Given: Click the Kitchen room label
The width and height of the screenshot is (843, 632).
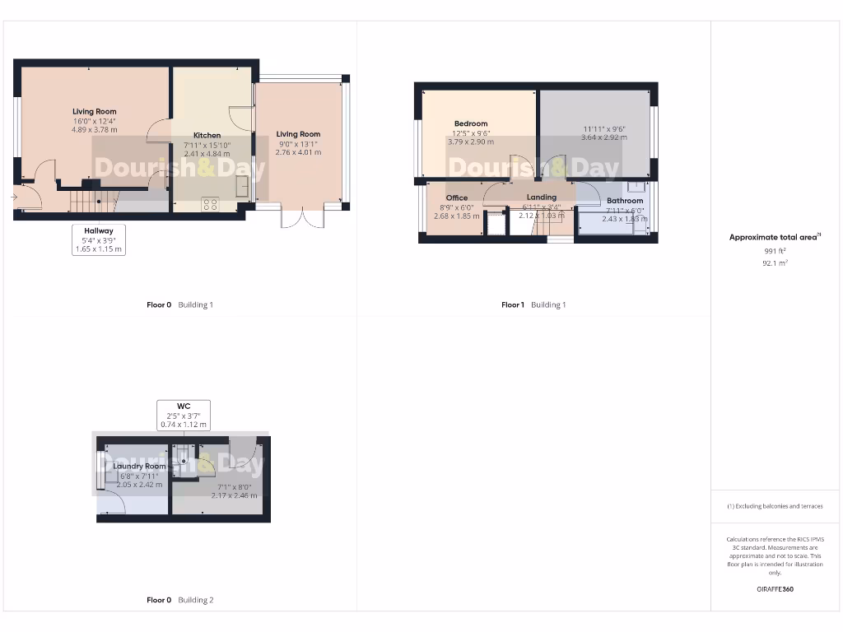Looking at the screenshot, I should click(207, 135).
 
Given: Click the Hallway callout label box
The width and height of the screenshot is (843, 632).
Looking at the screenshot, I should click(99, 239).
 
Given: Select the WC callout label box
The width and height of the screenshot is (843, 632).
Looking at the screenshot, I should click(184, 415).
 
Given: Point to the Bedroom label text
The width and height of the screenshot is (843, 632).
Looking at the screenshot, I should click(471, 123).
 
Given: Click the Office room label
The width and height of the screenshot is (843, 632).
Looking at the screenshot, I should click(457, 197).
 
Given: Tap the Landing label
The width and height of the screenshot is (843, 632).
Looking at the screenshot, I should click(542, 197).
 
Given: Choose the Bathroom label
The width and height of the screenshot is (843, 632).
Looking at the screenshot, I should click(625, 201).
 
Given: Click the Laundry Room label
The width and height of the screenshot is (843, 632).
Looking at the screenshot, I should click(140, 466).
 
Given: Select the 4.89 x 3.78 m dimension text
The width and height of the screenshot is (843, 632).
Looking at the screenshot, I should click(95, 129).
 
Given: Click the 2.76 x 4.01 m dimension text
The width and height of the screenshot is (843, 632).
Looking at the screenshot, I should click(298, 152).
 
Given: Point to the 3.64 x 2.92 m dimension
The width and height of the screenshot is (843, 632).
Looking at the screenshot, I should click(604, 137).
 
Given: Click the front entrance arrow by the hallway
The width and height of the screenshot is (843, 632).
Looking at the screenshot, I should click(15, 197).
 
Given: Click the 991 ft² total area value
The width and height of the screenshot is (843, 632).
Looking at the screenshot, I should click(775, 251).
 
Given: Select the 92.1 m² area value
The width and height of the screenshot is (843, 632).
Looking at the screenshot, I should click(775, 263).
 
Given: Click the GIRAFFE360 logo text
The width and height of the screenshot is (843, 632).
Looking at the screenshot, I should click(775, 589).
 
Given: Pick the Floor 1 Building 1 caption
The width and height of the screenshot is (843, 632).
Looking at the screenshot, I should click(533, 304).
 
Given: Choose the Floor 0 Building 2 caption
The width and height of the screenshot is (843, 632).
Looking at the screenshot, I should click(179, 600).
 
